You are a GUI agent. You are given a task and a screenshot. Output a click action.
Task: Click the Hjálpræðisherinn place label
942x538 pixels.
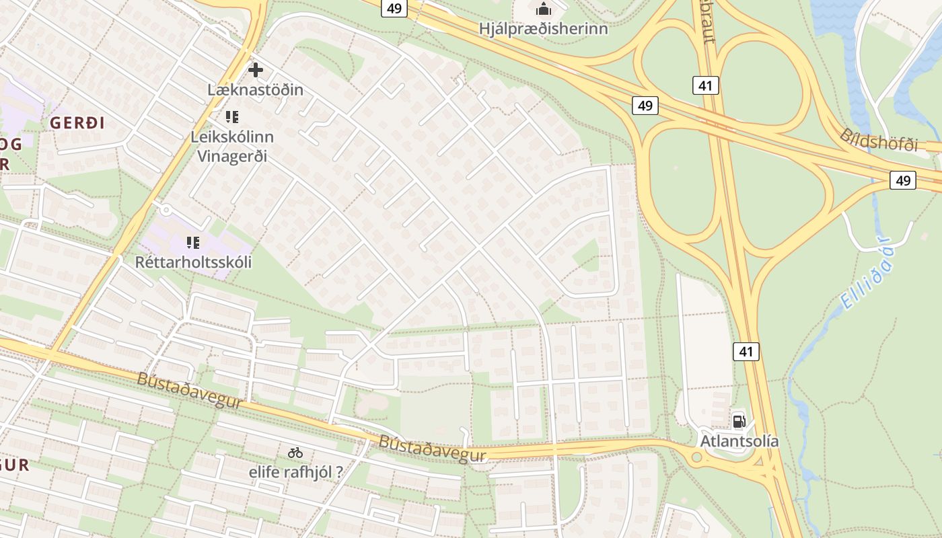(543, 29)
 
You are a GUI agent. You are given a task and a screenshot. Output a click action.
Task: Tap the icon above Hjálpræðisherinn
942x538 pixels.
(543, 9)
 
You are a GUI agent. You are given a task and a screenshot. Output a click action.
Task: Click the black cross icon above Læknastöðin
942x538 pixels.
(256, 69)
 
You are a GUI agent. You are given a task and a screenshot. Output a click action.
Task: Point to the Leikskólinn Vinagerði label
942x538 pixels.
(232, 146)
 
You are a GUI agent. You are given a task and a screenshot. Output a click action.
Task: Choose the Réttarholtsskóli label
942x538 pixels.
(193, 262)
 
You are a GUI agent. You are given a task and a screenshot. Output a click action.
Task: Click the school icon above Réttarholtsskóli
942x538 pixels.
(193, 242)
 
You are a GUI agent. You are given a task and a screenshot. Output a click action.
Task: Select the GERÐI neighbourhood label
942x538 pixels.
(77, 123)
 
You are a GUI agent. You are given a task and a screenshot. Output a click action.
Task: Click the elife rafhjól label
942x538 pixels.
(295, 471)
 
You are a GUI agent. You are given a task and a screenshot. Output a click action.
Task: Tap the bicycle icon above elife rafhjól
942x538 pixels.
(295, 453)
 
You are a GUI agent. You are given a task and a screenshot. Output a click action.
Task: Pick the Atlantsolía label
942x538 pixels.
(739, 441)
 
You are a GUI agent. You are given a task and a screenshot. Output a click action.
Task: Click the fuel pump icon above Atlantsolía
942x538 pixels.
(739, 422)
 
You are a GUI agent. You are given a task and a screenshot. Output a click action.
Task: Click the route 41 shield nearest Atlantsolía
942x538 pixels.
(746, 351)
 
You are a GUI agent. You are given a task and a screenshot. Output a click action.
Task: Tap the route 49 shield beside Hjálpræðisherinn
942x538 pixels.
(394, 8)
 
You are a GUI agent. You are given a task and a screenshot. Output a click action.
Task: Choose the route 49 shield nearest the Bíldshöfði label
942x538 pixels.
(902, 180)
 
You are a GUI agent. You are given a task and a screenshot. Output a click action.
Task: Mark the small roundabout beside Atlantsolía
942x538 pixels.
(697, 457)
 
